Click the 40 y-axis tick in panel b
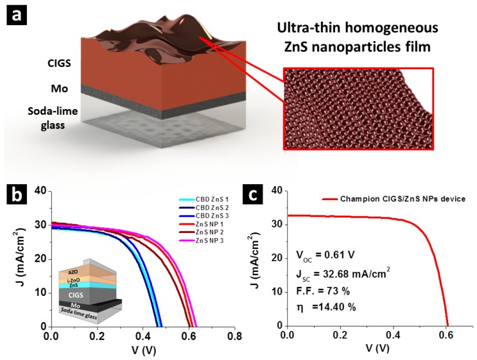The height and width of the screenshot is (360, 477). point(40,191)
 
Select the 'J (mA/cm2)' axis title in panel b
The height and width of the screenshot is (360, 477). point(14,260)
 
